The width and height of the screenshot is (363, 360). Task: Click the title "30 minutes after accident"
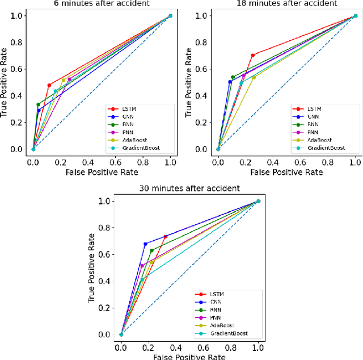pyautogui.click(x=189, y=188)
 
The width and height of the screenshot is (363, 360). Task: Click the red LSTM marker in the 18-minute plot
pyautogui.click(x=252, y=55)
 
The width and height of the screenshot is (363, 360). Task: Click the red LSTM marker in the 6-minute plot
pyautogui.click(x=49, y=85)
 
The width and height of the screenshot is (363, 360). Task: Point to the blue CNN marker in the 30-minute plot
pyautogui.click(x=145, y=244)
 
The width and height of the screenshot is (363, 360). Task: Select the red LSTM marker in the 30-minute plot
pyautogui.click(x=166, y=237)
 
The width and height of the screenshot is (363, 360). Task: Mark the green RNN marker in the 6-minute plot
pyautogui.click(x=38, y=104)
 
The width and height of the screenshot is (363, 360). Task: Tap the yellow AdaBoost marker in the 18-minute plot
pyautogui.click(x=254, y=77)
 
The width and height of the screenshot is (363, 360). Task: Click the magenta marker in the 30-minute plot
pyautogui.click(x=142, y=266)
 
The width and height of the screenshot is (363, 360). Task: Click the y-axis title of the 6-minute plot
pyautogui.click(x=5, y=82)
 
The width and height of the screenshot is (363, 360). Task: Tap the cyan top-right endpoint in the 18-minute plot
pyautogui.click(x=356, y=16)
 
